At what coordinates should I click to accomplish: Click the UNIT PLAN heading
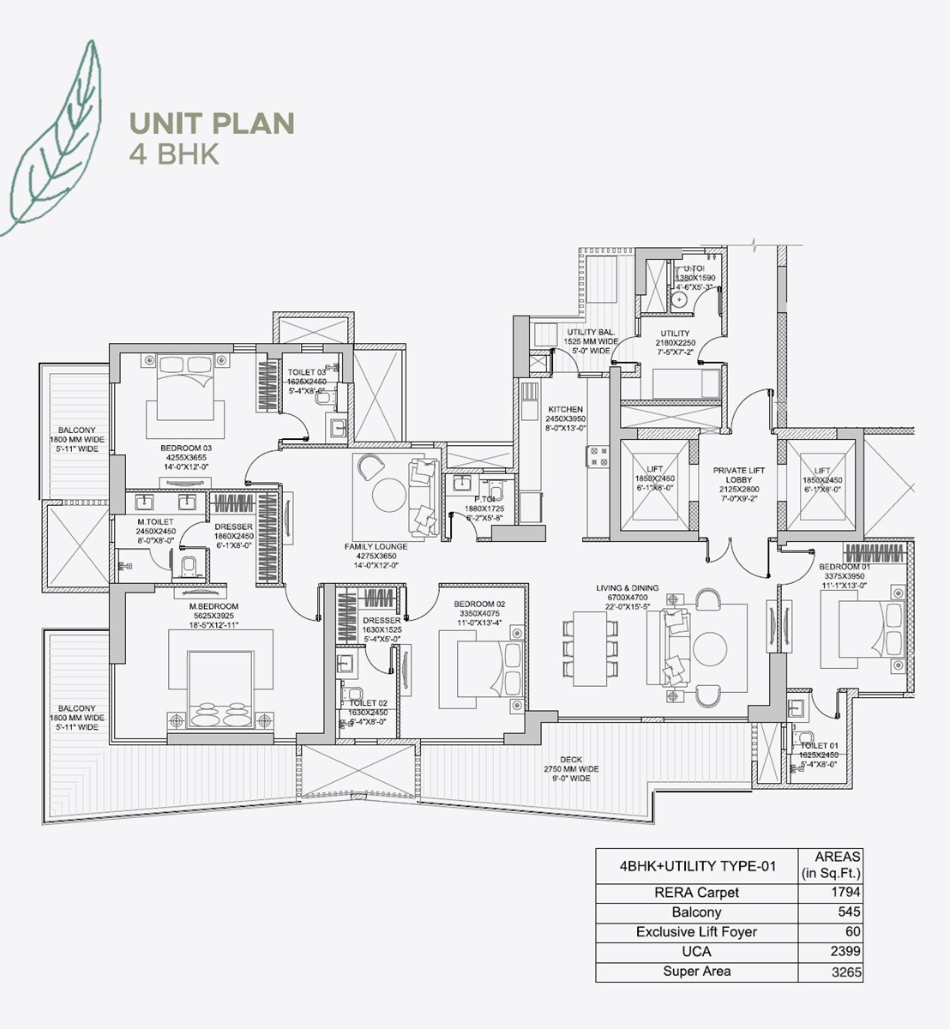pyautogui.click(x=212, y=123)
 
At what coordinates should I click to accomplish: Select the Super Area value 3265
pyautogui.click(x=845, y=972)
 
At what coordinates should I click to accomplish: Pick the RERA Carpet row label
pyautogui.click(x=695, y=893)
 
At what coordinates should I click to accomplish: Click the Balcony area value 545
pyautogui.click(x=850, y=912)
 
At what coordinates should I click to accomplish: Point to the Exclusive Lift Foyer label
pyautogui.click(x=695, y=932)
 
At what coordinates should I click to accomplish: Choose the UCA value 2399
pyautogui.click(x=845, y=951)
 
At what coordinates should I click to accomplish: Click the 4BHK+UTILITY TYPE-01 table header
pyautogui.click(x=696, y=866)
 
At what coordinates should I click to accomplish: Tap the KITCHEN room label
pyautogui.click(x=565, y=410)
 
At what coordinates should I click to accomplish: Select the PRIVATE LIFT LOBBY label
pyautogui.click(x=738, y=475)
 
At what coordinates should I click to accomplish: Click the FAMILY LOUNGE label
pyautogui.click(x=376, y=546)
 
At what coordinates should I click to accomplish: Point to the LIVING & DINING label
pyautogui.click(x=628, y=588)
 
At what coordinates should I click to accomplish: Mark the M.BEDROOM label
pyautogui.click(x=213, y=606)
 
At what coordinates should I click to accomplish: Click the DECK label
pyautogui.click(x=571, y=760)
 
